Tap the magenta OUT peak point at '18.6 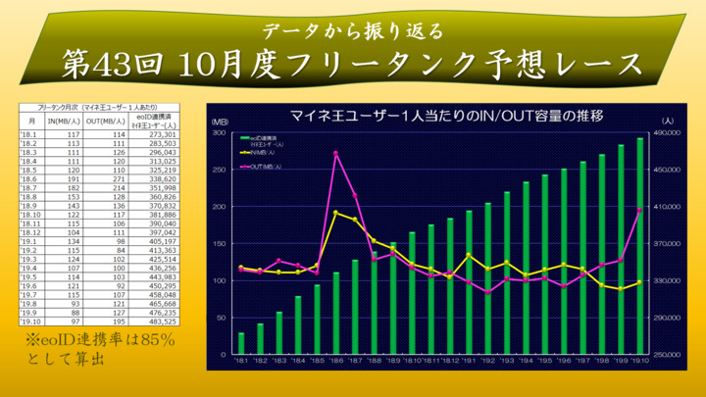click(336, 154)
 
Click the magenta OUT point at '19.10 click(640, 210)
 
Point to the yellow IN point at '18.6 click(336, 213)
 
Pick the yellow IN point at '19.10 click(640, 283)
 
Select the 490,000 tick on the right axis click(668, 132)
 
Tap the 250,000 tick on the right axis click(668, 355)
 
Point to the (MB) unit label click(221, 123)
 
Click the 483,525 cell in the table click(157, 321)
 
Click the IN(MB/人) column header click(63, 123)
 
